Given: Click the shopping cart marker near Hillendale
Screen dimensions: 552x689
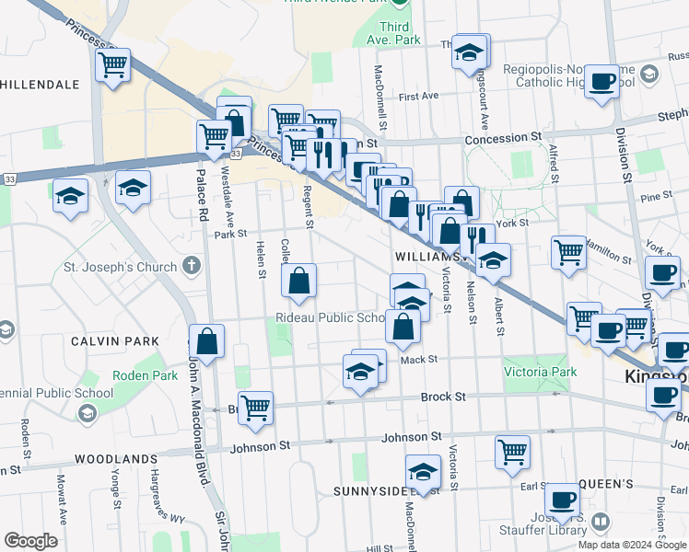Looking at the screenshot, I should [x=112, y=65].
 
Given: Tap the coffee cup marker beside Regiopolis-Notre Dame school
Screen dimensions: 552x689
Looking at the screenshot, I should [x=602, y=81].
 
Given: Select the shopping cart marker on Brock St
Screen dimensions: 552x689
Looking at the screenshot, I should [x=255, y=408].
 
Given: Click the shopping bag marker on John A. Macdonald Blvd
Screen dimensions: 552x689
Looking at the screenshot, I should [x=207, y=341].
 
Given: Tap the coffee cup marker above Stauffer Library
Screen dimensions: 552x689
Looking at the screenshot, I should [x=562, y=502].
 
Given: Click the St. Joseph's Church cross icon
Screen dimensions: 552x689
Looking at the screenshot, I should [x=192, y=268].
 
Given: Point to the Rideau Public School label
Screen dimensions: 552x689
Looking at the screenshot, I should [x=330, y=318].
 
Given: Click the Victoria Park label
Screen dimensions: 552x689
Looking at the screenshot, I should [x=540, y=373].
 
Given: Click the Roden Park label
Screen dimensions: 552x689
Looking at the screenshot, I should [x=137, y=375].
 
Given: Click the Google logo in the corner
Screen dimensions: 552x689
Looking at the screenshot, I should [x=30, y=541].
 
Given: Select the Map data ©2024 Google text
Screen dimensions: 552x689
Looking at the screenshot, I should [x=631, y=545].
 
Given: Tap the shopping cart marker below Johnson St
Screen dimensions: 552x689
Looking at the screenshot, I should [x=511, y=452].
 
